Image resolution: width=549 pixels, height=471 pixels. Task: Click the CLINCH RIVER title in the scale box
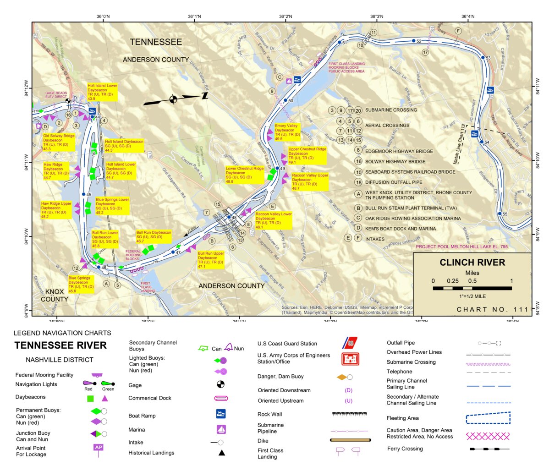coord(472,263)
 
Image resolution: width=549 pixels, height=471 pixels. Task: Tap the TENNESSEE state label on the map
coord(156,42)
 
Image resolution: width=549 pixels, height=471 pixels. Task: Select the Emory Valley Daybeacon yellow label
coord(287,132)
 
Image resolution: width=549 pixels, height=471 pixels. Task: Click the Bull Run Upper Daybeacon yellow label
coord(211,260)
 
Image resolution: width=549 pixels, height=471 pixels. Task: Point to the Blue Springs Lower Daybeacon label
coord(112,206)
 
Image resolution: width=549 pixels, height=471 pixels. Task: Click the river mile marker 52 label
coord(418,41)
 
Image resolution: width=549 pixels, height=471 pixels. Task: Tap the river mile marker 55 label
coord(505,214)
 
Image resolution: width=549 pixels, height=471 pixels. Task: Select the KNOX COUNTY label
coord(55,296)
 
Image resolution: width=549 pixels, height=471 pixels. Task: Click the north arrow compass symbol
coord(174,99)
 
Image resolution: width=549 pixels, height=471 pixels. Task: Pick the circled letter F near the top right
coord(458,31)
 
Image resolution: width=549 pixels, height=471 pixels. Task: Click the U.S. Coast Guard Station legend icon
coord(350,343)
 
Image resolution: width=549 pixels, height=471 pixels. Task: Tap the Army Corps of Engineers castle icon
coord(350,359)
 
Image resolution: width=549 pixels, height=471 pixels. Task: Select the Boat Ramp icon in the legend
coord(221,414)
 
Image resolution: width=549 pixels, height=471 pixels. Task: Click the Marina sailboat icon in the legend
coord(221,429)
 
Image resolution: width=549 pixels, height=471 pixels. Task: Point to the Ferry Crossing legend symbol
coord(489,449)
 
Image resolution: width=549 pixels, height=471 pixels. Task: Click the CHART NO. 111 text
coord(492,310)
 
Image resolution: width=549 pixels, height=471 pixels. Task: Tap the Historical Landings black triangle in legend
coord(221,453)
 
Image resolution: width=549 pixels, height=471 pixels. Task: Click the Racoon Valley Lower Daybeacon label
coord(273,220)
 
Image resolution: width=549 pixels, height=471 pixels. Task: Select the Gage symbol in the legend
coord(220,384)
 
